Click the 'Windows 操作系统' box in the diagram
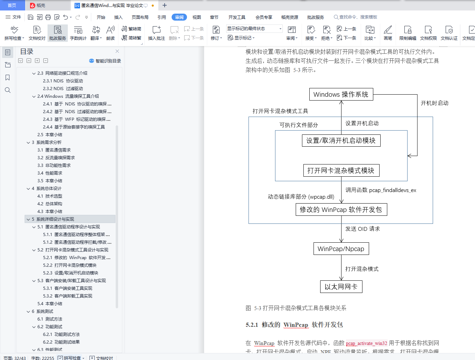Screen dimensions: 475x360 coord(341,94)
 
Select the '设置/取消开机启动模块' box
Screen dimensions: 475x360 coord(341,140)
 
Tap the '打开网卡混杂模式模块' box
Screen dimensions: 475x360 coord(341,170)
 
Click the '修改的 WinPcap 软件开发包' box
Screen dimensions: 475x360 coord(341,210)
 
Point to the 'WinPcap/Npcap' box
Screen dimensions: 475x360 coord(341,249)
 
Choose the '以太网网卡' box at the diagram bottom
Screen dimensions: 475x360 coord(341,287)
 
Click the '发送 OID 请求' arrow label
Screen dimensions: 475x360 coord(362,229)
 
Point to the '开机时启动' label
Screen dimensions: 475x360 coord(434,103)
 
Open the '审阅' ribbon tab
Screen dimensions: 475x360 coord(179,17)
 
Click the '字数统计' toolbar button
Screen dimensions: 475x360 coord(78,33)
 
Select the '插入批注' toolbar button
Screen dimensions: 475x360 coord(157,33)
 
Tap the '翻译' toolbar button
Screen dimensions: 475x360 coord(96,33)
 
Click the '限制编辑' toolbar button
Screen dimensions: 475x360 coord(408,33)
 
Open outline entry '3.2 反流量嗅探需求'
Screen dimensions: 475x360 coord(56,158)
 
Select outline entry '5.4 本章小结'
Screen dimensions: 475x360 coord(50,303)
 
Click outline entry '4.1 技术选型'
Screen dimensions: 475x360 coord(50,196)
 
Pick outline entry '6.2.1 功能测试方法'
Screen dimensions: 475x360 coord(61,335)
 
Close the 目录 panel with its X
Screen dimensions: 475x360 coord(117,51)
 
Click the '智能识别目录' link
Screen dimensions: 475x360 coord(105,61)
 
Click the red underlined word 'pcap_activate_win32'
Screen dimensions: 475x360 coord(366,343)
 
